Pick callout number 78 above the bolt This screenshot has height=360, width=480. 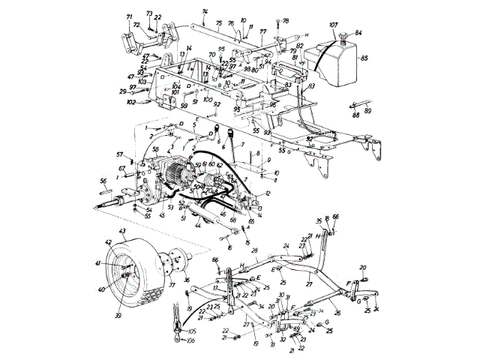pos(285,20)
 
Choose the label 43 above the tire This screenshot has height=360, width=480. pos(121,230)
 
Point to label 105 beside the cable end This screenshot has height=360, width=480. pos(193,330)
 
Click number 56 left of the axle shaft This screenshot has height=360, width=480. pos(103,181)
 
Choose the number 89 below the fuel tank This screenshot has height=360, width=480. pos(367,110)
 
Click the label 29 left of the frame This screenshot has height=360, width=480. pos(121,91)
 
